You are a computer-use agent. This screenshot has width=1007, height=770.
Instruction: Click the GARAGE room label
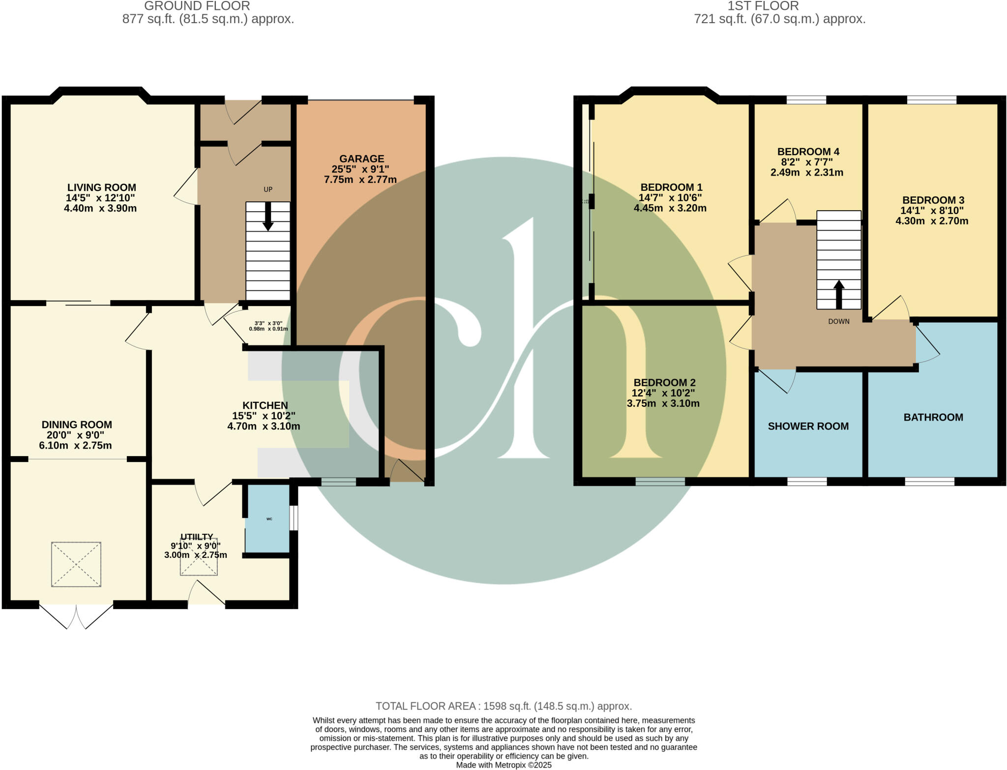pyautogui.click(x=361, y=159)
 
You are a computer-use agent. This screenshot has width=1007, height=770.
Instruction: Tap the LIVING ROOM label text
pyautogui.click(x=101, y=187)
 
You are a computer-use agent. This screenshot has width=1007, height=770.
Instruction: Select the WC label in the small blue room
pyautogui.click(x=269, y=519)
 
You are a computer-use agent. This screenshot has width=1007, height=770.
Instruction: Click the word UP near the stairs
pyautogui.click(x=268, y=189)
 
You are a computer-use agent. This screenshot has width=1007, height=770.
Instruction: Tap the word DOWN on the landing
pyautogui.click(x=839, y=321)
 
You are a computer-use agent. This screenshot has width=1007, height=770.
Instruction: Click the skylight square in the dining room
pyautogui.click(x=76, y=564)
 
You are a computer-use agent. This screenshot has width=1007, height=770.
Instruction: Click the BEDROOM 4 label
pyautogui.click(x=808, y=152)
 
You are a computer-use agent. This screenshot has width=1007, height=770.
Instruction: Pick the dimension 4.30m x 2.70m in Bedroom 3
pyautogui.click(x=932, y=221)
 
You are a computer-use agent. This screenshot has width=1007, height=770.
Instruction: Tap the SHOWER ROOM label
pyautogui.click(x=808, y=426)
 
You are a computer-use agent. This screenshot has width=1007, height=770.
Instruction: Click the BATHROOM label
pyautogui.click(x=933, y=417)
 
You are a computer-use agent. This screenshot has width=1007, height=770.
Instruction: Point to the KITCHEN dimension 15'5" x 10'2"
pyautogui.click(x=264, y=416)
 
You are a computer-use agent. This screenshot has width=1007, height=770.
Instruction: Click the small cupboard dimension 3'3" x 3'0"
pyautogui.click(x=268, y=323)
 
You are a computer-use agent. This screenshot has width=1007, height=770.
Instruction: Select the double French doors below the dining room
pyautogui.click(x=76, y=616)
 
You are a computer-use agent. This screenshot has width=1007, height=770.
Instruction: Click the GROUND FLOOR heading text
pyautogui.click(x=197, y=6)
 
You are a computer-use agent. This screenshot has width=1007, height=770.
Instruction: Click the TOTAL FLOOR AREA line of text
pyautogui.click(x=503, y=706)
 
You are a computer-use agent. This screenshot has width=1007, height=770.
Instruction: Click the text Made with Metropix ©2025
pyautogui.click(x=503, y=765)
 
